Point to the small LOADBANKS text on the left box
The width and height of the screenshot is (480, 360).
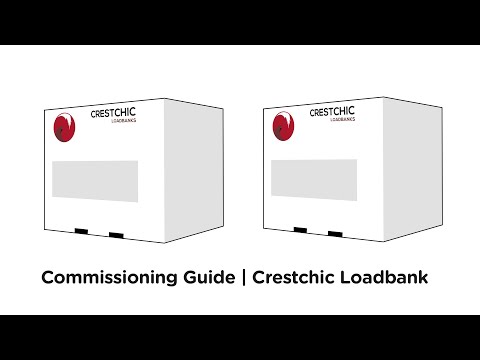(x=125, y=125)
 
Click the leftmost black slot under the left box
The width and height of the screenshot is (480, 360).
(x=81, y=233)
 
